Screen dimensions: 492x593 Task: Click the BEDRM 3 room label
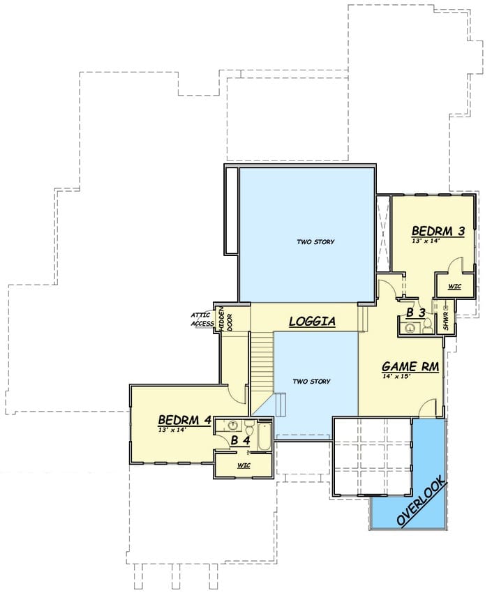pos(438,231)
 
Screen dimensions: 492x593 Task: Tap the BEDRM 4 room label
pos(184,420)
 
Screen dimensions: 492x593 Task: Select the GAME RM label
pos(410,366)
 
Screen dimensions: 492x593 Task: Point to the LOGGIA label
pos(312,321)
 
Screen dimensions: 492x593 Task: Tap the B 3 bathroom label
pos(416,313)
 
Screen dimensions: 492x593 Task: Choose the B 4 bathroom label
pos(241,440)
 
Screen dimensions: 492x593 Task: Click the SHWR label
pos(446,321)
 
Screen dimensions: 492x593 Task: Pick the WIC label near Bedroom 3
pos(454,286)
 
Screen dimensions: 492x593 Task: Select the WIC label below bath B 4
pos(244,465)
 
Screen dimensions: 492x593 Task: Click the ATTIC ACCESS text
pos(202,320)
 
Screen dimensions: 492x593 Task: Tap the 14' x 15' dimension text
pos(396,376)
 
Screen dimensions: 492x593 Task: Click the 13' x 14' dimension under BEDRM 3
pos(426,240)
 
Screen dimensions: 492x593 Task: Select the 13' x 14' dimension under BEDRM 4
pos(172,429)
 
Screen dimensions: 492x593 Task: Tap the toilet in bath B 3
pos(427,326)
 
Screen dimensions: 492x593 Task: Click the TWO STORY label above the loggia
pos(315,241)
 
